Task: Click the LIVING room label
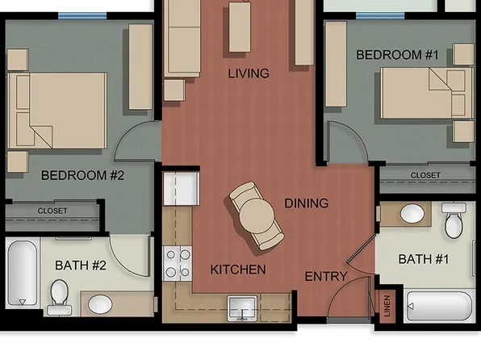click(x=248, y=73)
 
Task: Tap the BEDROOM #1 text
click(x=397, y=55)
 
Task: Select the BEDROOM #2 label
click(x=82, y=175)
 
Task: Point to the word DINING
click(x=306, y=203)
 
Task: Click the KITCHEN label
click(x=238, y=269)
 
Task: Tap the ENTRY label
click(x=325, y=277)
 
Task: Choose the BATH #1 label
click(x=425, y=259)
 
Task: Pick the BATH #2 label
click(x=81, y=265)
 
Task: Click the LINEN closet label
click(x=387, y=307)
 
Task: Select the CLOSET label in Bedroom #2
click(x=52, y=211)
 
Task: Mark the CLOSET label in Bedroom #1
click(x=425, y=175)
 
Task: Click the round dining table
click(x=257, y=216)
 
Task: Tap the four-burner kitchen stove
click(x=178, y=263)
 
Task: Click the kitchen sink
click(x=241, y=308)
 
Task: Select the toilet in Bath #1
click(x=454, y=221)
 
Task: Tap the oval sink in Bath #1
click(x=412, y=214)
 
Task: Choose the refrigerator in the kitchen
click(x=180, y=189)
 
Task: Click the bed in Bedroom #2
click(x=61, y=111)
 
